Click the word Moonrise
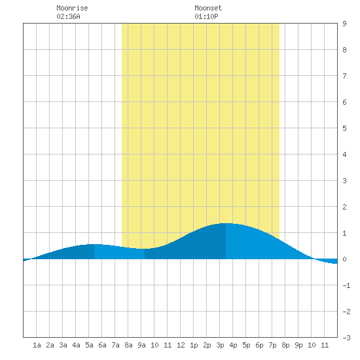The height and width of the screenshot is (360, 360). pyautogui.click(x=72, y=8)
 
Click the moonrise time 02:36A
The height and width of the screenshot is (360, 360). pyautogui.click(x=68, y=16)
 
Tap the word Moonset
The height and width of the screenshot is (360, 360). pyautogui.click(x=208, y=8)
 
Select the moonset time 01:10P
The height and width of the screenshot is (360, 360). pyautogui.click(x=206, y=16)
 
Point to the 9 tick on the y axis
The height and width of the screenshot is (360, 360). pyautogui.click(x=344, y=24)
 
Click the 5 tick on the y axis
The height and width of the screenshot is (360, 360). pyautogui.click(x=344, y=128)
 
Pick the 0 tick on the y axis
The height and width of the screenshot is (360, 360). pyautogui.click(x=344, y=259)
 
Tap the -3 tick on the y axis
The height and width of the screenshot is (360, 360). pyautogui.click(x=346, y=338)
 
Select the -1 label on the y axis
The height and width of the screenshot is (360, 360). pyautogui.click(x=346, y=285)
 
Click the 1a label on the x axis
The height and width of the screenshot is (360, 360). pyautogui.click(x=37, y=345)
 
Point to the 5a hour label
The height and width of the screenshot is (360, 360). pyautogui.click(x=89, y=345)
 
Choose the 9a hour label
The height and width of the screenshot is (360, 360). pyautogui.click(x=141, y=345)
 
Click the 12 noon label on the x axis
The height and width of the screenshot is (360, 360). pyautogui.click(x=181, y=345)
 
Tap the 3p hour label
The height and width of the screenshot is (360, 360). pyautogui.click(x=220, y=345)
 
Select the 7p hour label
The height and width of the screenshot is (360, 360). pyautogui.click(x=272, y=345)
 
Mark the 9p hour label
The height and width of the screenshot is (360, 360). pyautogui.click(x=298, y=345)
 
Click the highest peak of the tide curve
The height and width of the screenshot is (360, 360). pyautogui.click(x=226, y=223)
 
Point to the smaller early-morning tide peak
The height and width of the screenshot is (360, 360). pyautogui.click(x=94, y=244)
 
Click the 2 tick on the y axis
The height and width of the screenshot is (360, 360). pyautogui.click(x=344, y=207)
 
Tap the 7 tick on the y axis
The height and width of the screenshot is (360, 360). pyautogui.click(x=344, y=76)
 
